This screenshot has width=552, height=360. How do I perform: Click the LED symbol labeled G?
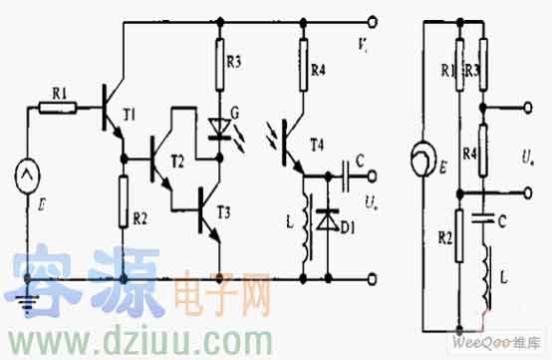218,128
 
